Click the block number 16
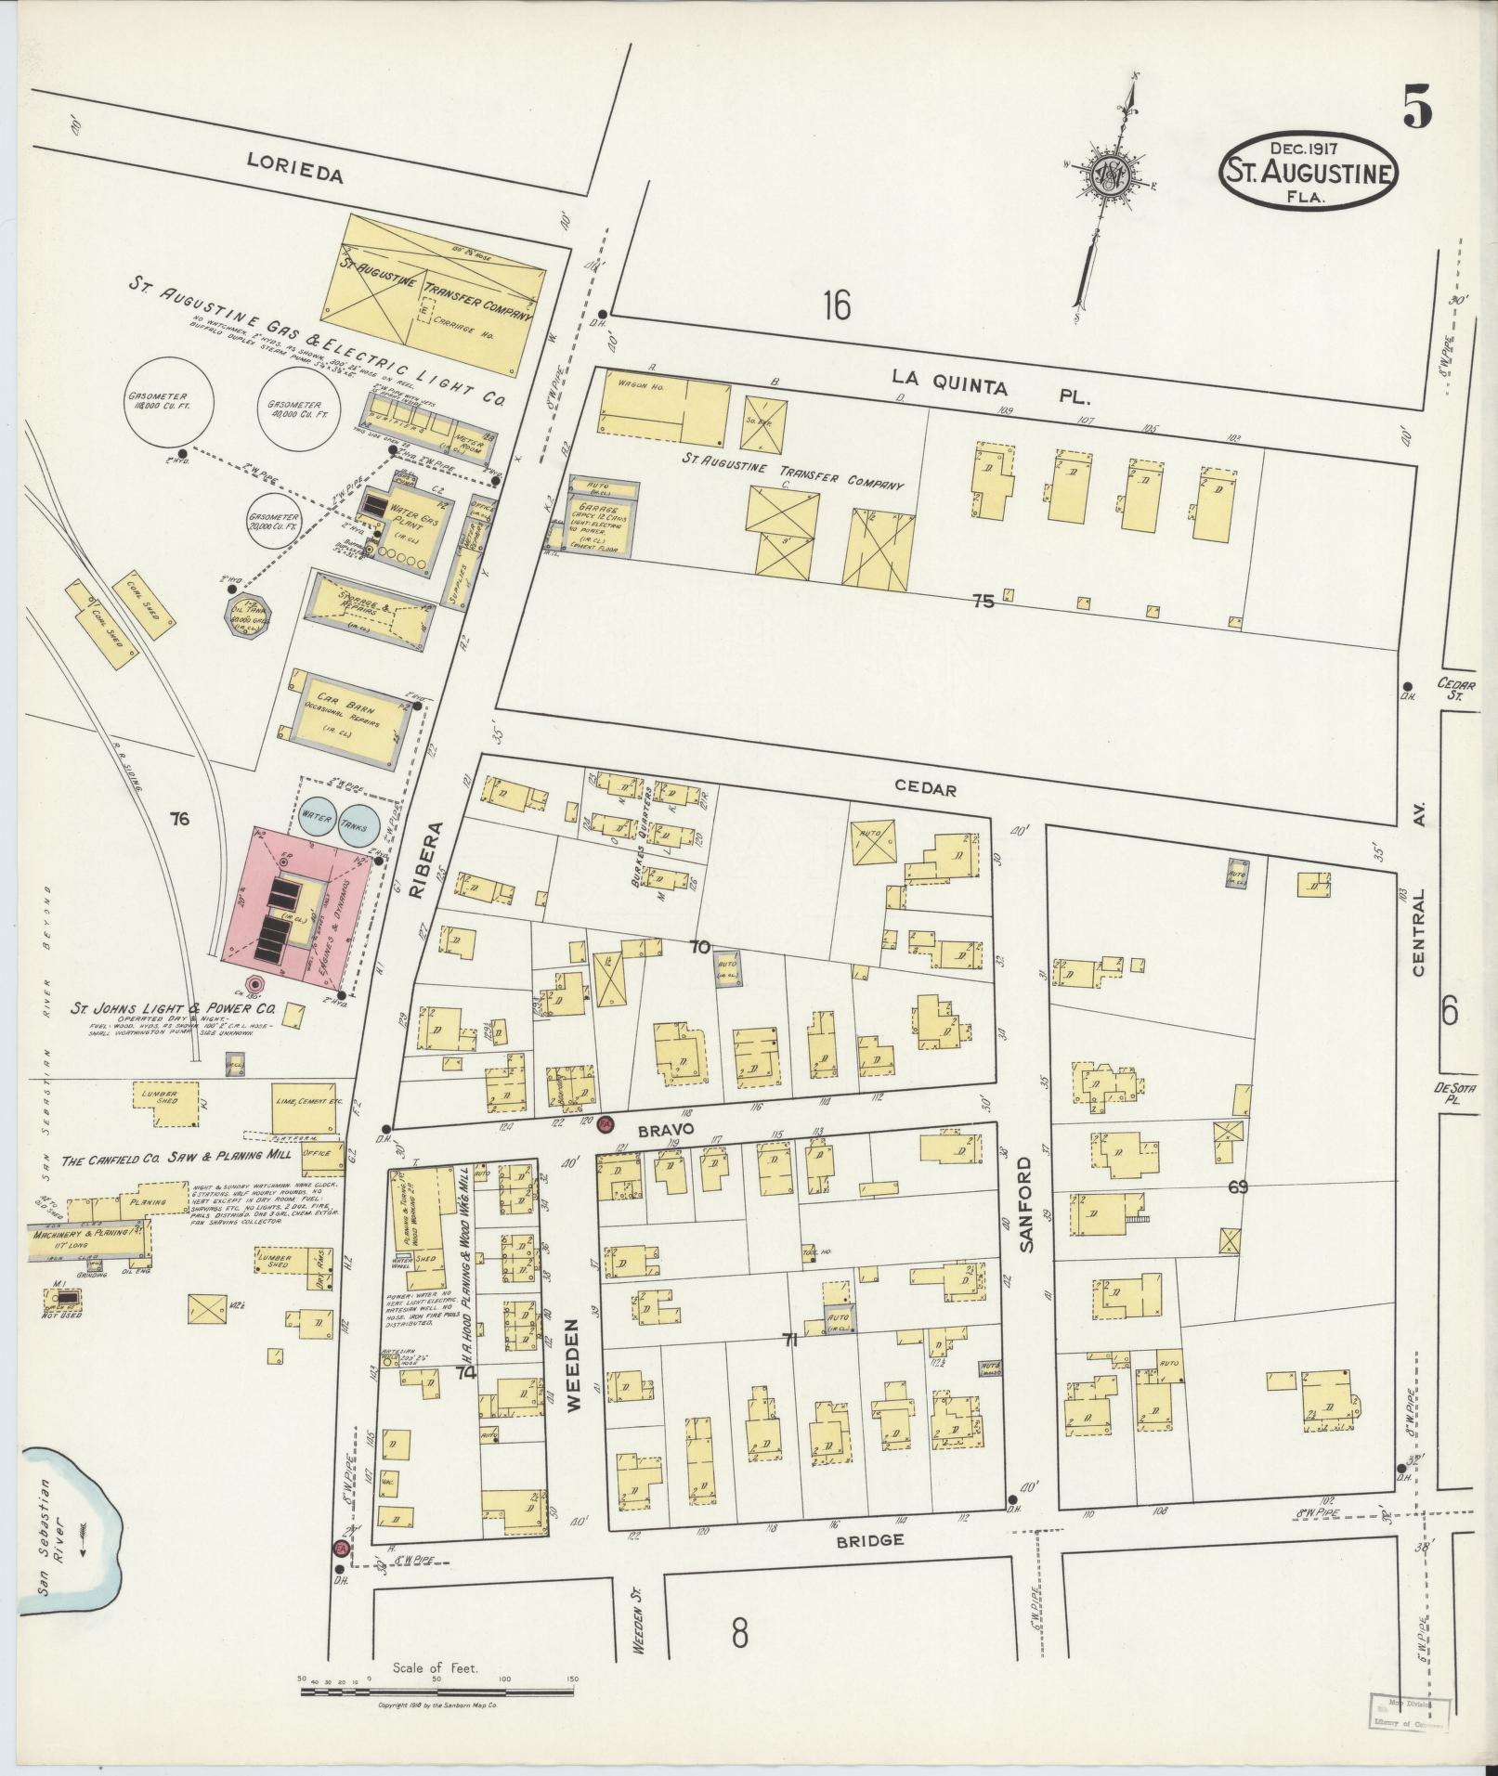(835, 305)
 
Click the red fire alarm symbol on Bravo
(605, 1122)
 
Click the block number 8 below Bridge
(739, 1632)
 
